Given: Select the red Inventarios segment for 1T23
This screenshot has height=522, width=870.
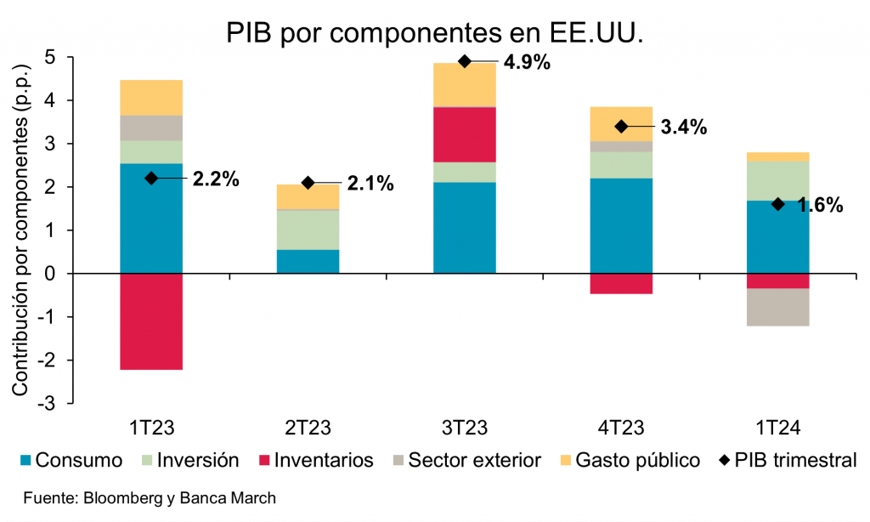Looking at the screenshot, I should (151, 321).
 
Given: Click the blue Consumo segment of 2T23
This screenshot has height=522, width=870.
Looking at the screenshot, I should (308, 261).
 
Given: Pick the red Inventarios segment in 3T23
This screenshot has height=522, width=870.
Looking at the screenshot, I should (464, 134).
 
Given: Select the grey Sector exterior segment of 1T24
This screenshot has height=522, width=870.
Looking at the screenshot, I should (778, 307).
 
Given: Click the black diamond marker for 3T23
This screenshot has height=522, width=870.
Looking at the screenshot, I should (465, 61).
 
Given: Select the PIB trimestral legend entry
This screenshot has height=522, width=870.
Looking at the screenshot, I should (787, 461).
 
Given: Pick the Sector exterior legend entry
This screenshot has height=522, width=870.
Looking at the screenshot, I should (466, 461).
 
